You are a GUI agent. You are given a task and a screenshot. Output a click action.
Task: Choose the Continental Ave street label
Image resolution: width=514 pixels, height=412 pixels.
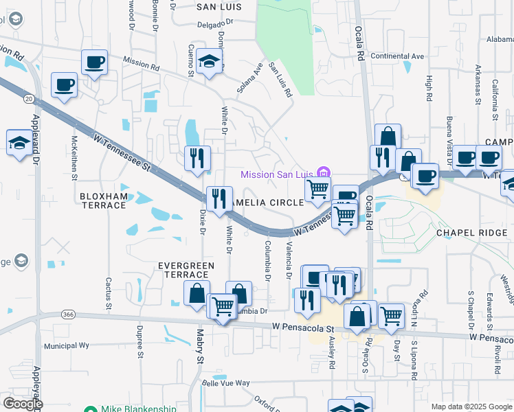[x=398, y=56]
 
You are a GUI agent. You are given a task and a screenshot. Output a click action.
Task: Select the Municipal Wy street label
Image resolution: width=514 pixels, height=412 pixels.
[x=67, y=347]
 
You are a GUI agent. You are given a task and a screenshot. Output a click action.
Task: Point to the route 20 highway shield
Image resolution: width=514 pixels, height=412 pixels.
[x=28, y=99]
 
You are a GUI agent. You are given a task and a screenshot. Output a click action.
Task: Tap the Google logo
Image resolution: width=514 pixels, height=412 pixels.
[x=22, y=404]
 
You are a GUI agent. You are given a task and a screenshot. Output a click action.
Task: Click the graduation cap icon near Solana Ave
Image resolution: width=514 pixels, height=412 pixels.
[x=210, y=62]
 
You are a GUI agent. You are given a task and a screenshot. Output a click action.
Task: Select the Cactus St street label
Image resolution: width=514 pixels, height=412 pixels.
[x=108, y=291]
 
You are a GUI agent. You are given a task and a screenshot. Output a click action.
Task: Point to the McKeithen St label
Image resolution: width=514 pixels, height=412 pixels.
[x=74, y=157]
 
